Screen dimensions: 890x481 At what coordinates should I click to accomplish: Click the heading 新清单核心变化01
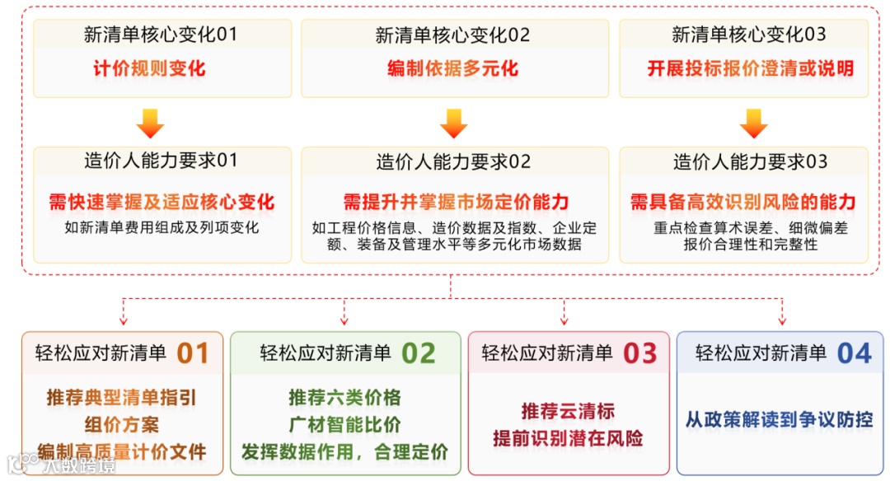point(161,35)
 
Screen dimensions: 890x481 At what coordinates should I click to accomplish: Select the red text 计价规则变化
point(150,68)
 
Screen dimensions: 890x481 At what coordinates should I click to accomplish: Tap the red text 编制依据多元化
point(453,68)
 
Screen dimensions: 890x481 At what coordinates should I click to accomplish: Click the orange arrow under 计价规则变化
point(150,123)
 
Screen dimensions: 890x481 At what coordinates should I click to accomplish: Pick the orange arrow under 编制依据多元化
point(453,123)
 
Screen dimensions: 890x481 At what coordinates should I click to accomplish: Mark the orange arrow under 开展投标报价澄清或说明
point(753,123)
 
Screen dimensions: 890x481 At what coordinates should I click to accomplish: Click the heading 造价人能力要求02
point(453,162)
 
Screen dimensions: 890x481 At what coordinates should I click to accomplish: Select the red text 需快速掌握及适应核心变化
point(162,202)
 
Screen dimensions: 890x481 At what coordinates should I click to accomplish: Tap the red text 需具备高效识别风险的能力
point(742,202)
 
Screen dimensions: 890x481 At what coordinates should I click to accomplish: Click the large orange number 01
point(193,353)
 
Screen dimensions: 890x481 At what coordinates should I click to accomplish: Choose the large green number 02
point(418,353)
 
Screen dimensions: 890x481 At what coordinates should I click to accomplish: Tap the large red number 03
point(639,353)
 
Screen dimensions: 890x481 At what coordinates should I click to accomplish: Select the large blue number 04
point(854,353)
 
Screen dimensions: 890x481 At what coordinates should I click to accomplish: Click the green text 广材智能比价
point(344,425)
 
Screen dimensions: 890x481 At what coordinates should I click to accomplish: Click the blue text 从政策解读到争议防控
point(779,419)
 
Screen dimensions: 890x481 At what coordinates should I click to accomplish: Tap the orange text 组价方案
point(121,425)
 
